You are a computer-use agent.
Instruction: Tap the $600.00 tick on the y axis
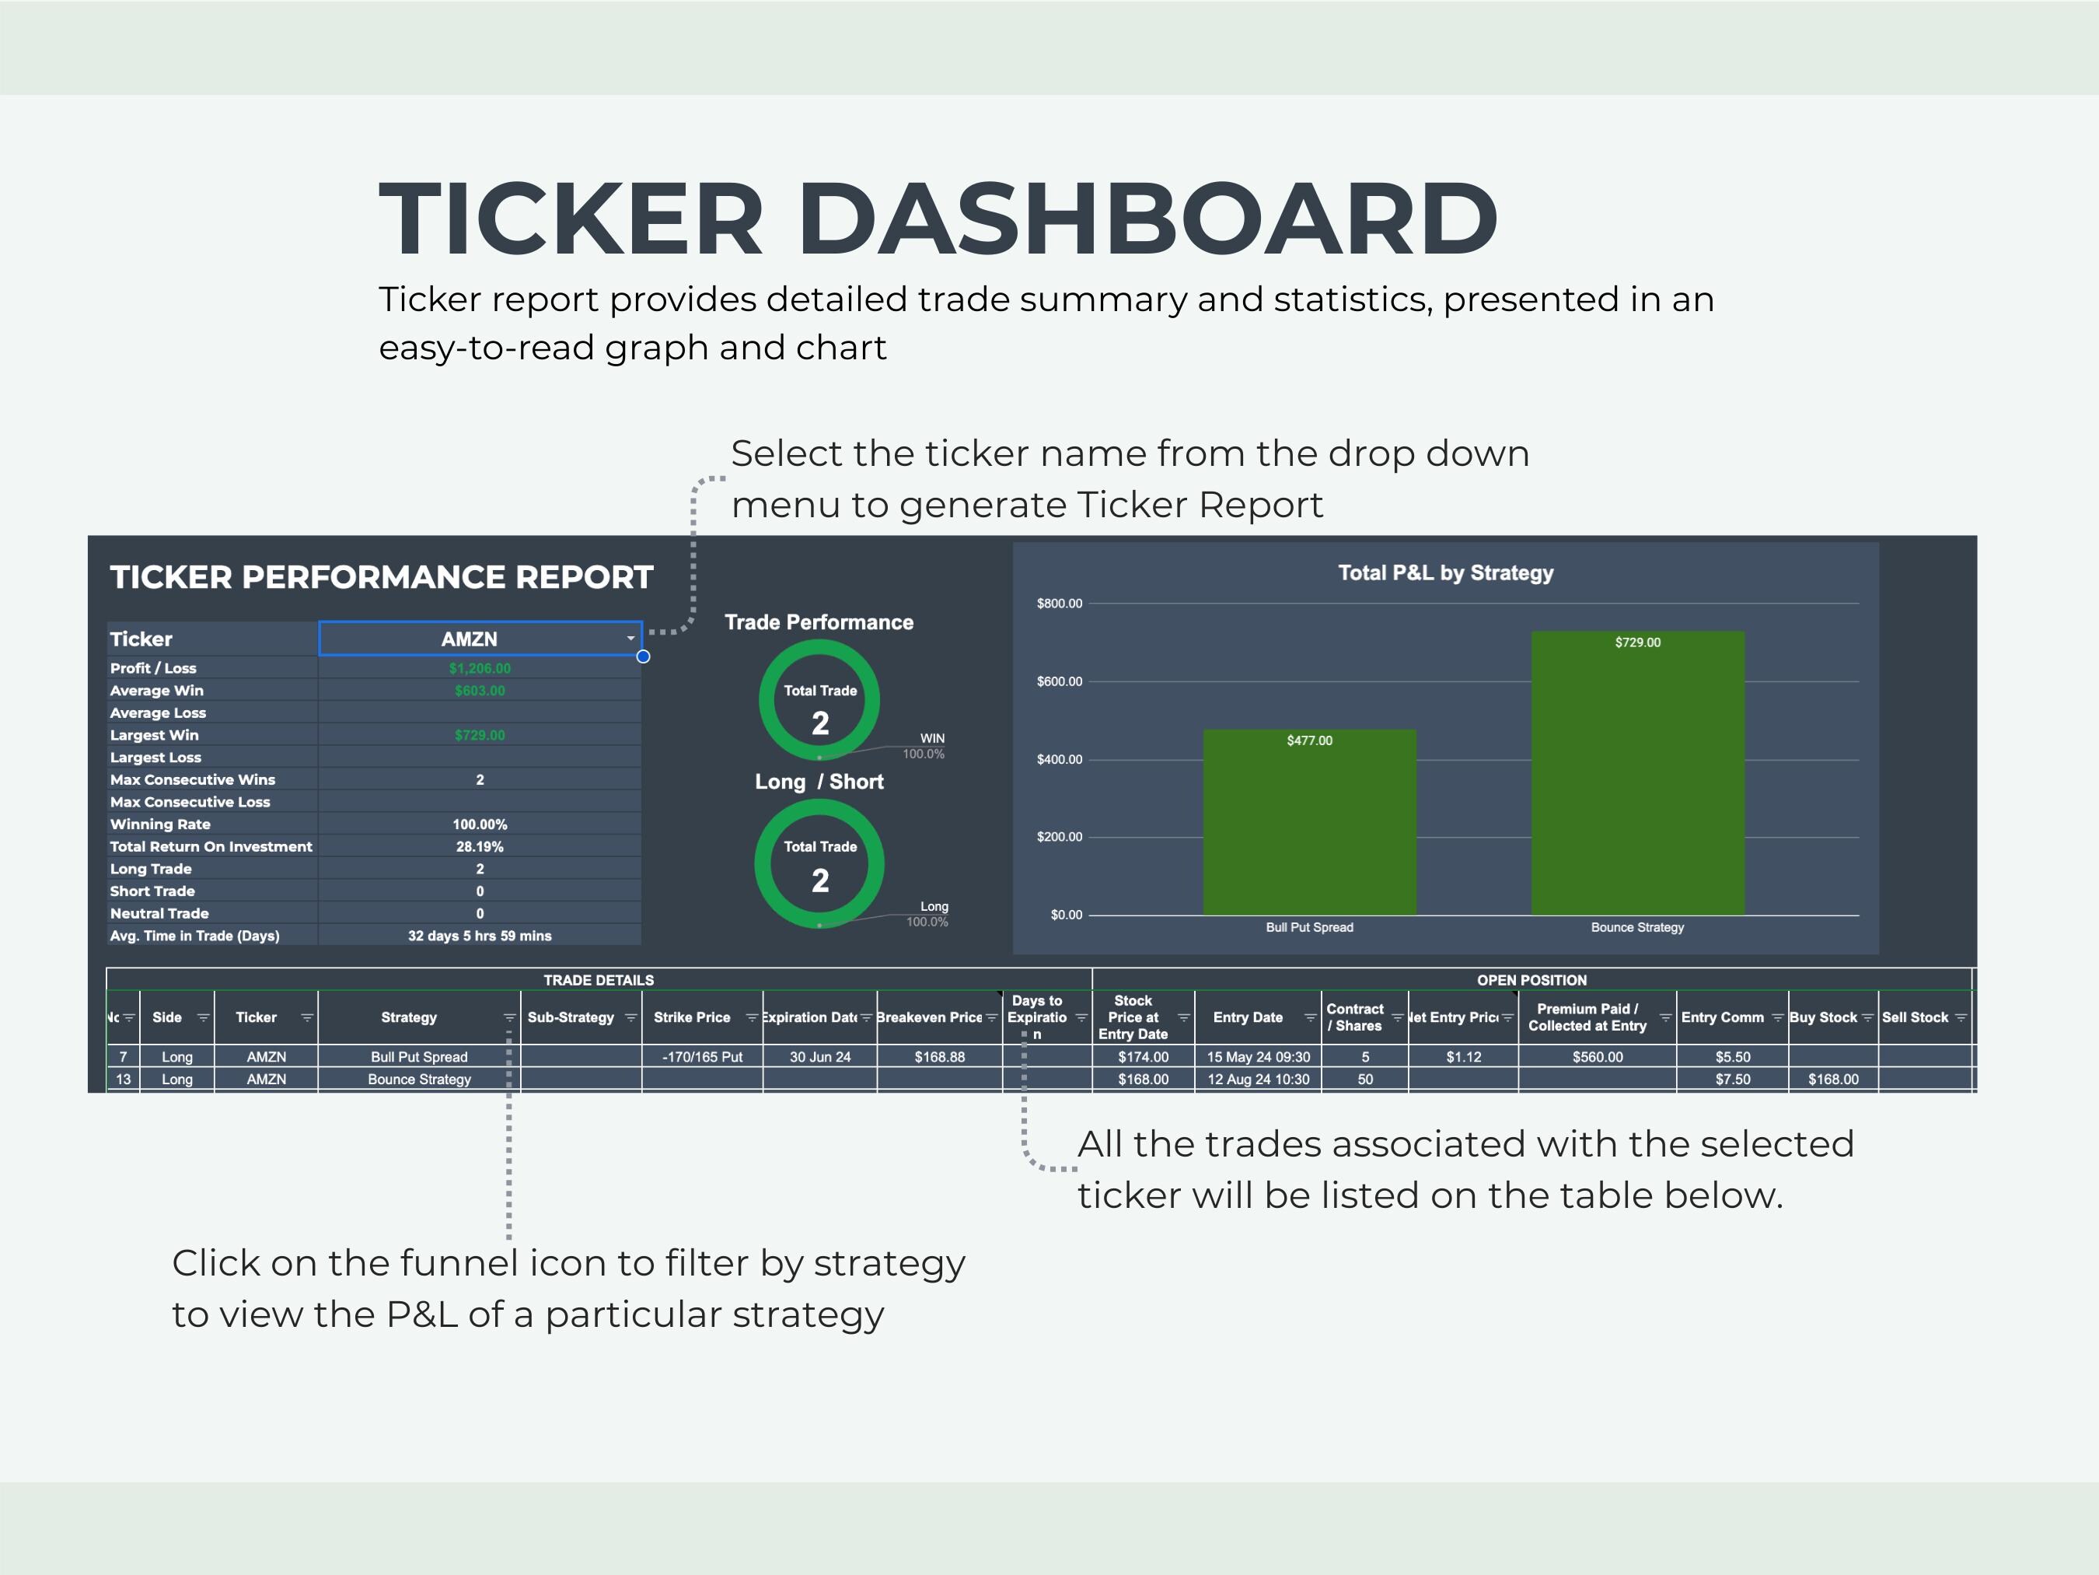1059,681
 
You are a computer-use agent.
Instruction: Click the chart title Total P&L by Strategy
1445,573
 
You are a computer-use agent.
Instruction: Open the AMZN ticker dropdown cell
480,639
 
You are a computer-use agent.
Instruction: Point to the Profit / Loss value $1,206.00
480,668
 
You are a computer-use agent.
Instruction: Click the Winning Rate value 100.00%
480,824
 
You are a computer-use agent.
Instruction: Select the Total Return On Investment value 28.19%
480,847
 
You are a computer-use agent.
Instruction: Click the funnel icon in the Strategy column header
509,1017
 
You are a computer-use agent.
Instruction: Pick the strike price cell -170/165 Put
703,1057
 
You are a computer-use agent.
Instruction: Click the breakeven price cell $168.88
939,1057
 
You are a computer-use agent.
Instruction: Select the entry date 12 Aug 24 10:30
1259,1080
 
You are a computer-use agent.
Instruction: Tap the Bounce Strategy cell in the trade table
420,1080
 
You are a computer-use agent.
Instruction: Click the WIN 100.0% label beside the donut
926,746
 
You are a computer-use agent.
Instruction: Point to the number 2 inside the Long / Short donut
820,881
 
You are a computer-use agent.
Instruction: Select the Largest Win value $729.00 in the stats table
480,736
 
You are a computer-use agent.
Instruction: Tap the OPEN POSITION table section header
1531,980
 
